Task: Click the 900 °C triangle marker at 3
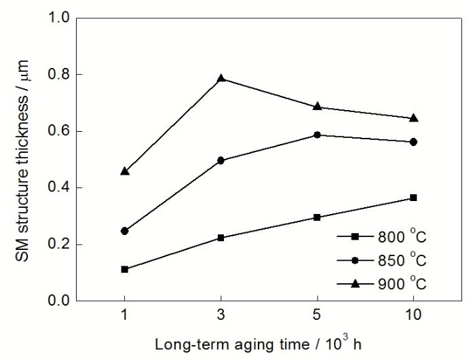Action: pyautogui.click(x=221, y=78)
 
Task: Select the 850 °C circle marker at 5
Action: pyautogui.click(x=317, y=135)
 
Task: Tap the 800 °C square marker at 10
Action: pyautogui.click(x=413, y=198)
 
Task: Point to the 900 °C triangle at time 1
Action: pyautogui.click(x=125, y=171)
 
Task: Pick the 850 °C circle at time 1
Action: pyautogui.click(x=125, y=231)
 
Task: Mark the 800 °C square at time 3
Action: pyautogui.click(x=221, y=238)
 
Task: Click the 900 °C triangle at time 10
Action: pyautogui.click(x=413, y=118)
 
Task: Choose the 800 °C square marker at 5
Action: pyautogui.click(x=317, y=217)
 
